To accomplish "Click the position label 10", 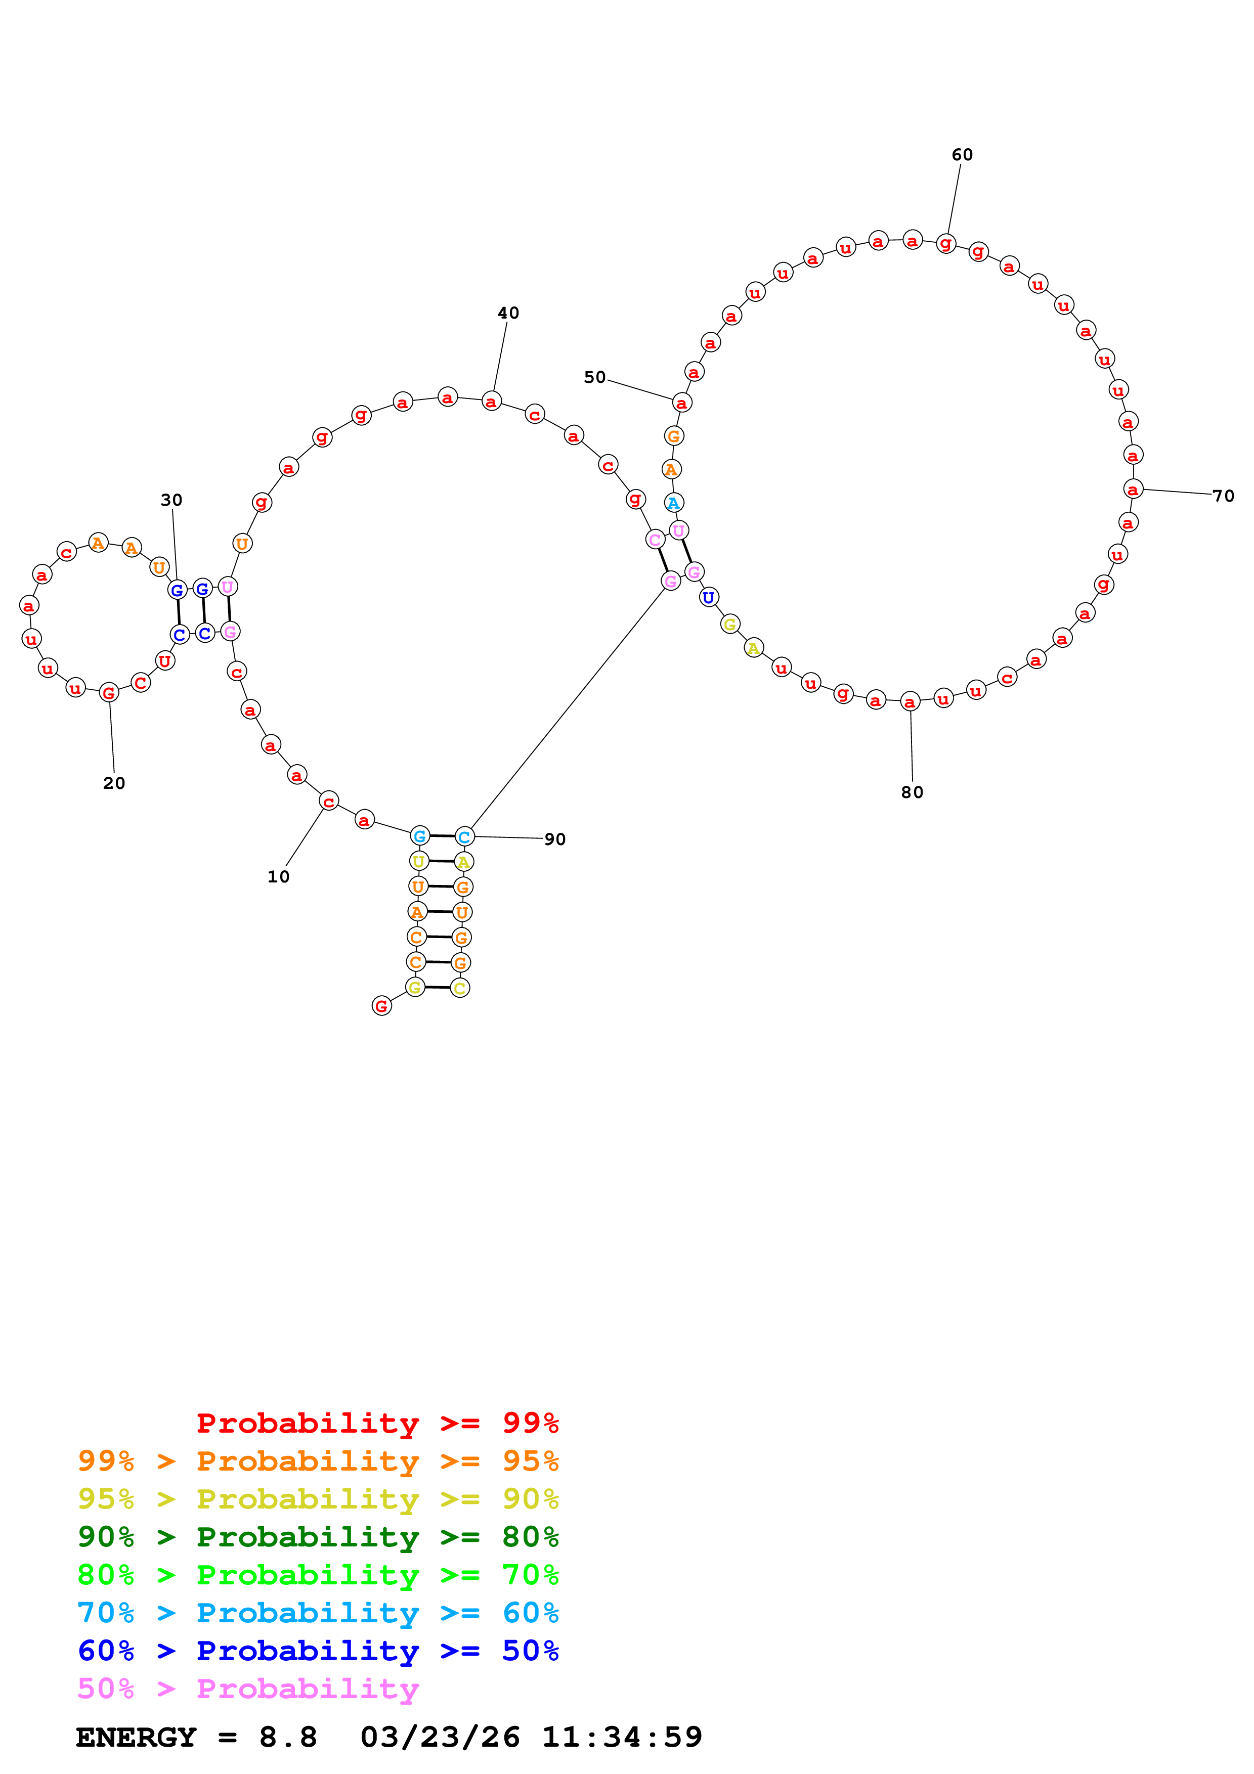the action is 278,877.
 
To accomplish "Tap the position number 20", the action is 114,783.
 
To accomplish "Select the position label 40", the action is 508,313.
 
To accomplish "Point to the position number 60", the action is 962,155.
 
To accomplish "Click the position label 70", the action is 1223,496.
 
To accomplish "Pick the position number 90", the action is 555,839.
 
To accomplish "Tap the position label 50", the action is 595,377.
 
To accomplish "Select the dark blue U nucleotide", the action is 709,597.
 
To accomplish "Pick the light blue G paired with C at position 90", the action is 419,835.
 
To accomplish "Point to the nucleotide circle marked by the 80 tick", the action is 910,701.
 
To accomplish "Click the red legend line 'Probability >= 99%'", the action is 378,1423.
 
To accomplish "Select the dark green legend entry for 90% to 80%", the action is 318,1537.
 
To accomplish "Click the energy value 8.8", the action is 288,1737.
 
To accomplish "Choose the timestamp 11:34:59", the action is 622,1737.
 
